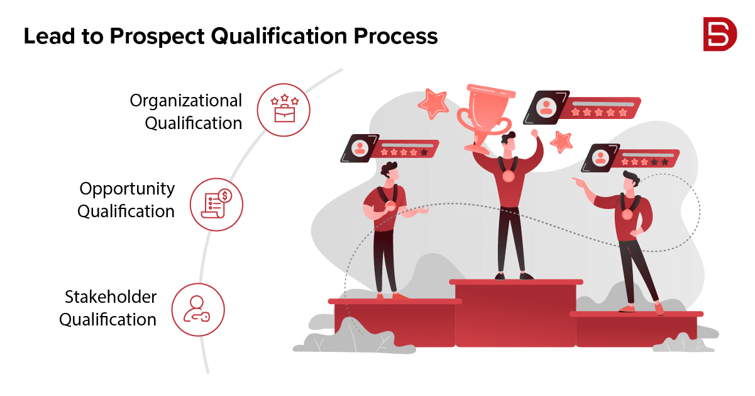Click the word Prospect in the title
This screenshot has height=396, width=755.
pos(157,37)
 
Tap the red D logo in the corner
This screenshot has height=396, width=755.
pos(720,34)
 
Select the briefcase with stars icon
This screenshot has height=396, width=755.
pos(285,108)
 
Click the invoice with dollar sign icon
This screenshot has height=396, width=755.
pos(216,203)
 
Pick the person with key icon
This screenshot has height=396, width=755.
pos(197,309)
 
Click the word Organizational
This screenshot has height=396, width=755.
pos(186,101)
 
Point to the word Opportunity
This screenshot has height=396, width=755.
pos(127,189)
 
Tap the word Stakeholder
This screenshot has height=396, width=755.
pos(111,297)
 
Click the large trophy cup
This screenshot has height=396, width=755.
pos(485,118)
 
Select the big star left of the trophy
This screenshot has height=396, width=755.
pos(434,103)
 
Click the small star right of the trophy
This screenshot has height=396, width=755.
pos(562,142)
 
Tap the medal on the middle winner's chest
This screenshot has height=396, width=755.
pos(509,176)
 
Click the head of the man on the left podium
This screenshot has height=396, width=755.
pos(390,171)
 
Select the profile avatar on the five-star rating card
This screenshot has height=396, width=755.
pos(546,108)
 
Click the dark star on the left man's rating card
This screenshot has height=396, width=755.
pos(424,152)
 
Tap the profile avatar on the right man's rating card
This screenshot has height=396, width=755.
pos(600,157)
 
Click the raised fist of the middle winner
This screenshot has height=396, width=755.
pos(534,133)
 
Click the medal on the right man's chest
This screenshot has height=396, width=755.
pos(627,214)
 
